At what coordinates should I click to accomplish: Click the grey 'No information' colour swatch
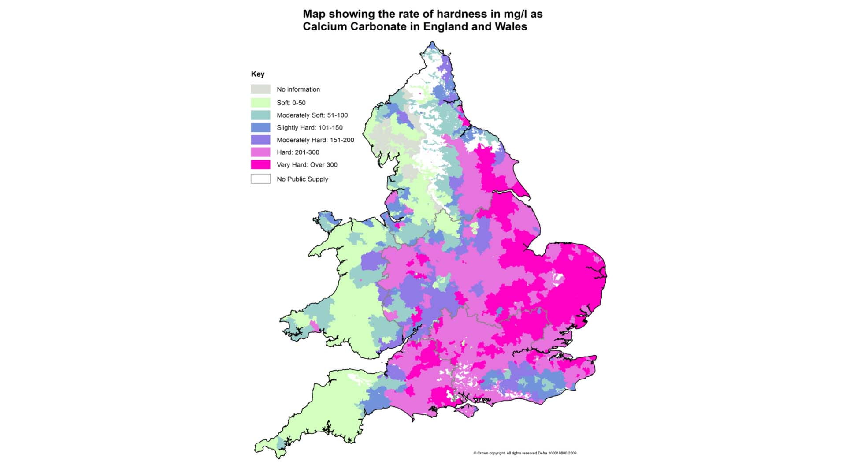pyautogui.click(x=260, y=89)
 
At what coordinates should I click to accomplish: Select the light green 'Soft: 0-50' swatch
pyautogui.click(x=260, y=103)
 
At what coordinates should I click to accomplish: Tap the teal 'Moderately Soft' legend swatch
pyautogui.click(x=260, y=115)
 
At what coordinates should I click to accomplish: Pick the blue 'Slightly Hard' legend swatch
pyautogui.click(x=260, y=127)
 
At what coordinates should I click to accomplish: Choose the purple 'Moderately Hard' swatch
pyautogui.click(x=260, y=140)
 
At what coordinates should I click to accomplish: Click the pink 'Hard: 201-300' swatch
pyautogui.click(x=260, y=152)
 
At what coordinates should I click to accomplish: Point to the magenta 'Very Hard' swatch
pyautogui.click(x=260, y=164)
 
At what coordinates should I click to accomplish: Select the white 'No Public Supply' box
pyautogui.click(x=260, y=179)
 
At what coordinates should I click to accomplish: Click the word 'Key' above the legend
pyautogui.click(x=257, y=74)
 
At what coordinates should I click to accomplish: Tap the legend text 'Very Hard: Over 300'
pyautogui.click(x=307, y=165)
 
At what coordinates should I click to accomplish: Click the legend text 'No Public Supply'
pyautogui.click(x=302, y=179)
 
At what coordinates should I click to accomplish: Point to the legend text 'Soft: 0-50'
pyautogui.click(x=291, y=103)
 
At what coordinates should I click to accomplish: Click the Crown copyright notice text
pyautogui.click(x=524, y=453)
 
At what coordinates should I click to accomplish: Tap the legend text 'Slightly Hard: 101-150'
pyautogui.click(x=309, y=128)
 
